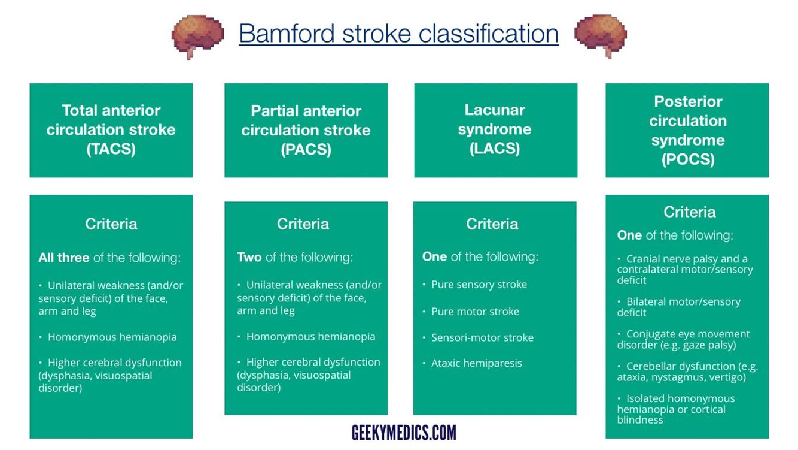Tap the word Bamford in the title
(x=286, y=34)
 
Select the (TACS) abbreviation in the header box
(x=111, y=149)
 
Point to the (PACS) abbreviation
(x=306, y=149)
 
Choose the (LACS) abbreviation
(x=495, y=148)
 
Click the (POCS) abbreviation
(x=688, y=159)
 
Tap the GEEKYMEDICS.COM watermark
(x=404, y=432)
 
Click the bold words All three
(x=64, y=258)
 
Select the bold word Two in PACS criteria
(x=249, y=257)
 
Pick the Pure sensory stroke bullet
(x=479, y=285)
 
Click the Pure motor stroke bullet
(x=475, y=312)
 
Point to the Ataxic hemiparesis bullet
(x=476, y=363)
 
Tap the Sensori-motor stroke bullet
(x=482, y=337)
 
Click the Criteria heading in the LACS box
(x=492, y=224)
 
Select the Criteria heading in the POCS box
(x=689, y=212)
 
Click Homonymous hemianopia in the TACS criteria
(x=112, y=337)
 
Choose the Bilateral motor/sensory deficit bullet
(x=678, y=307)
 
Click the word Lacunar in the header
(x=495, y=110)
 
